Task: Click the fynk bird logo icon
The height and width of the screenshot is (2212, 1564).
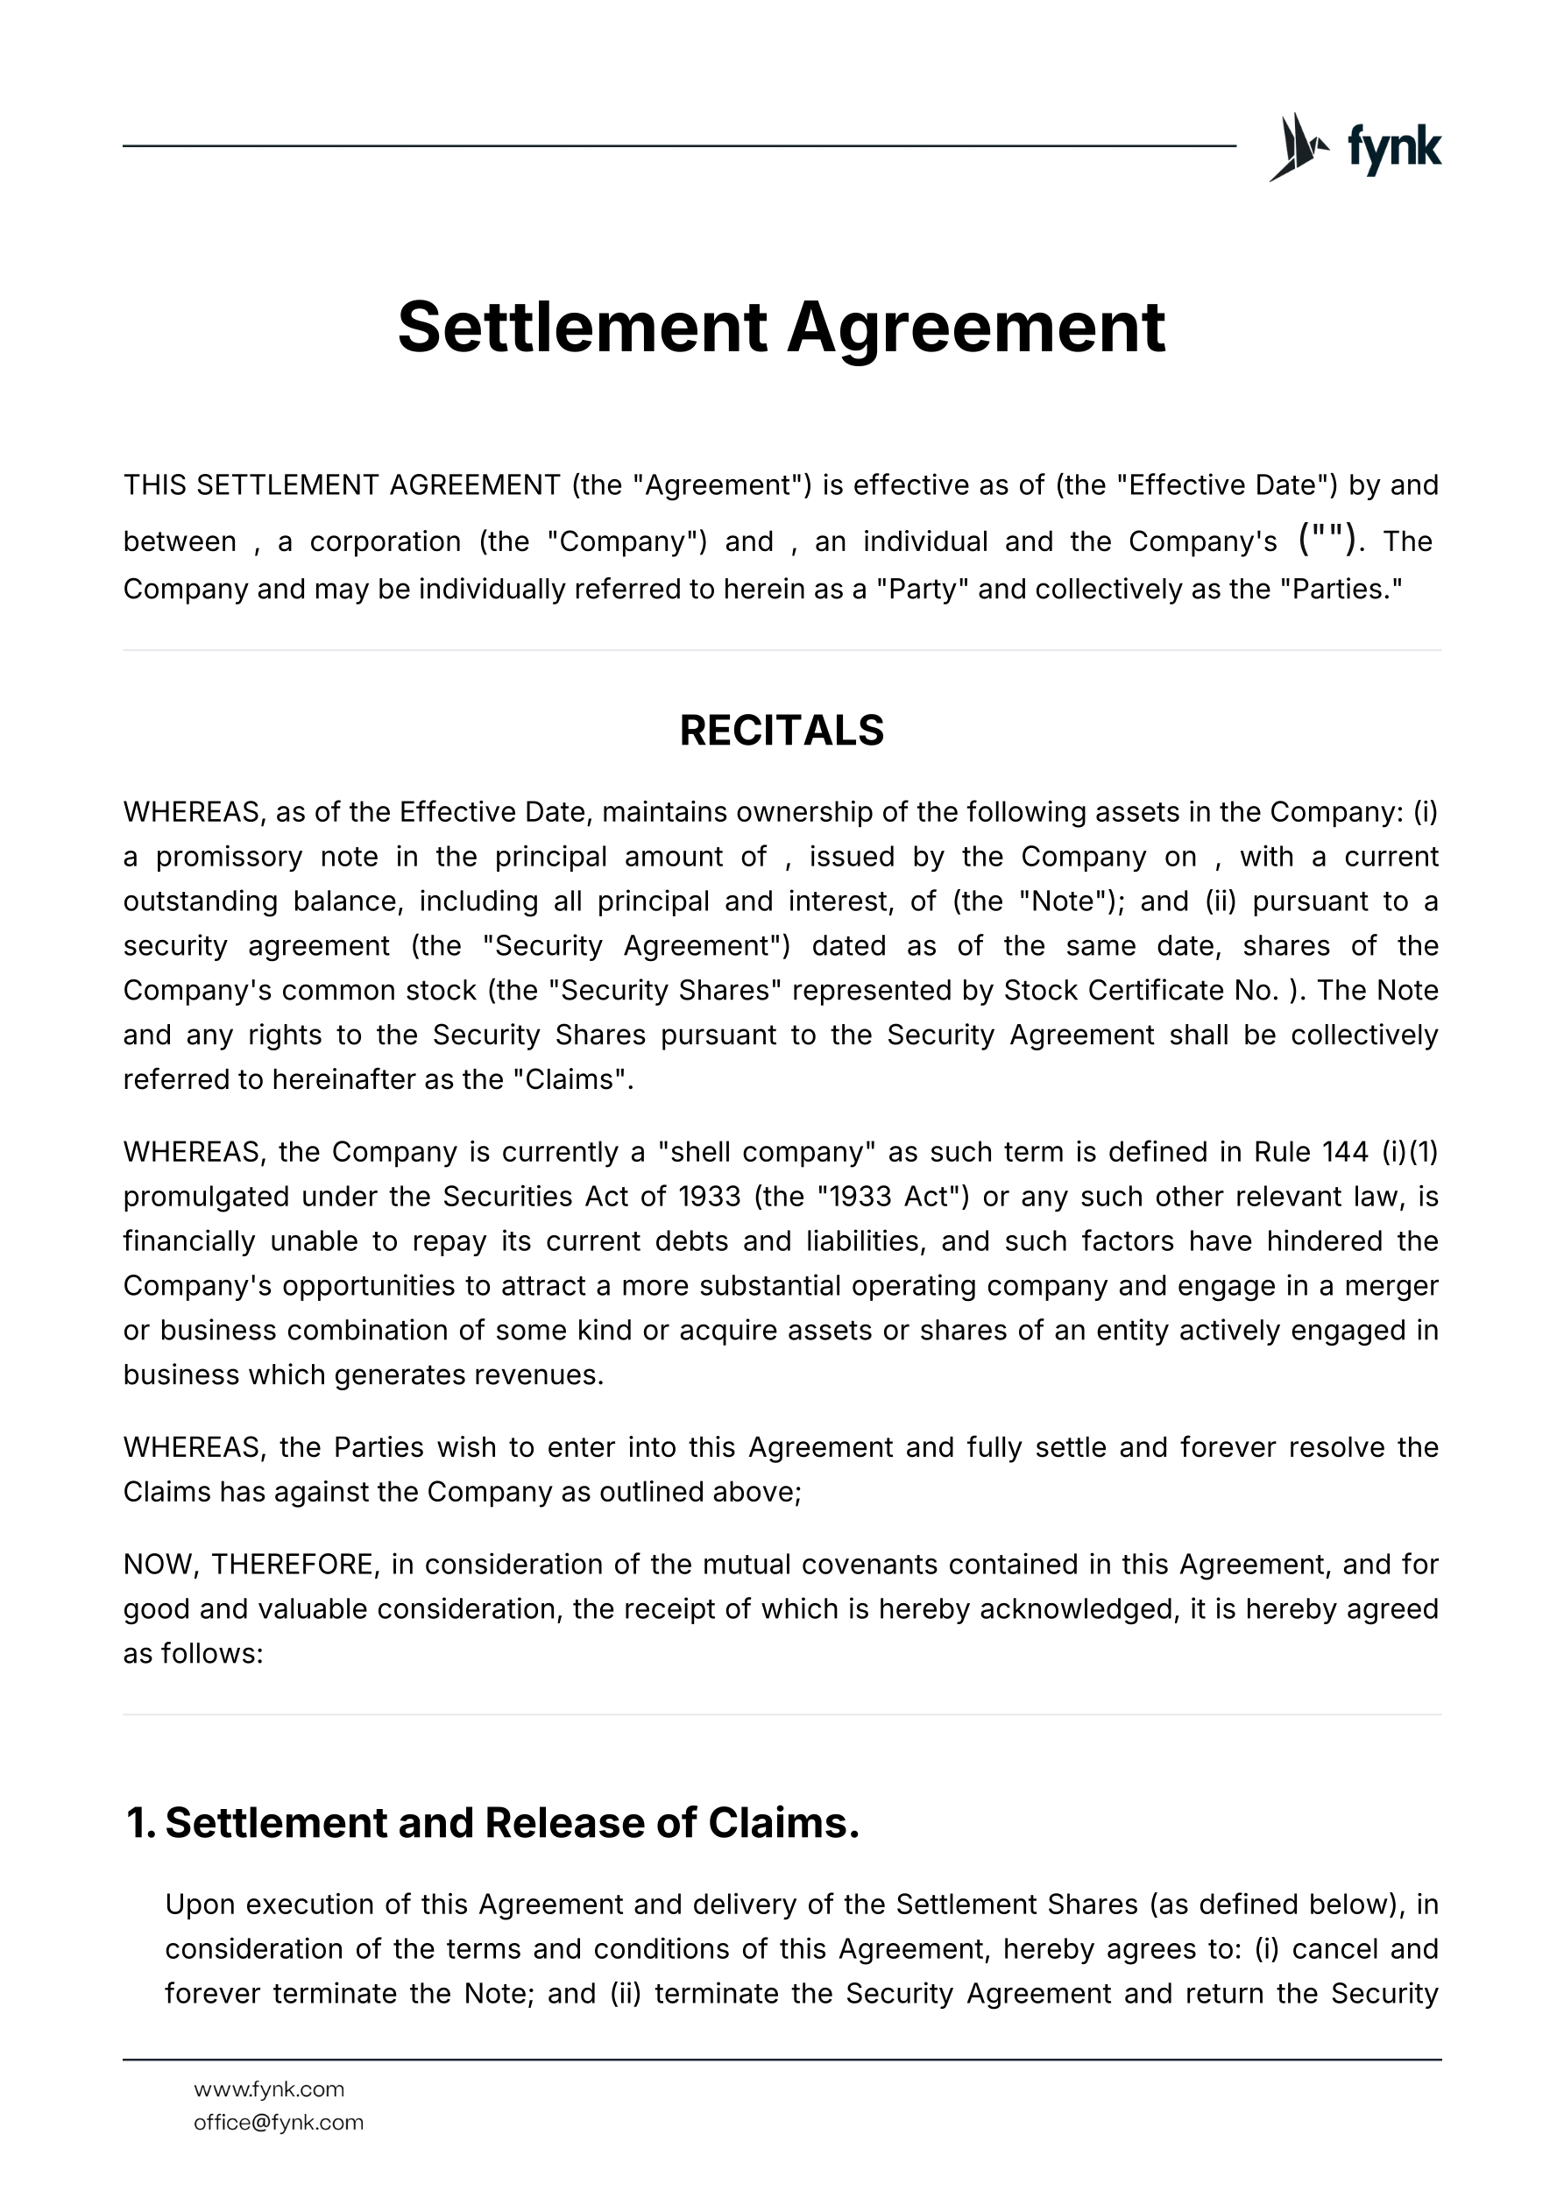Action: click(x=1298, y=147)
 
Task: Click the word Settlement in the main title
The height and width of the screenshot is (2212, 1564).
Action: click(x=581, y=328)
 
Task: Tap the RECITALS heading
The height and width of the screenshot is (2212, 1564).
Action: click(x=782, y=731)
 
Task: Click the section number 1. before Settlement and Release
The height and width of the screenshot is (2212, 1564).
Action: click(x=139, y=1824)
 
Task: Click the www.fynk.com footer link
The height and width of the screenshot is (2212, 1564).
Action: click(x=269, y=2089)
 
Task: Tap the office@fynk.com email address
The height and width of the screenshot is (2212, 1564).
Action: click(x=279, y=2123)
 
